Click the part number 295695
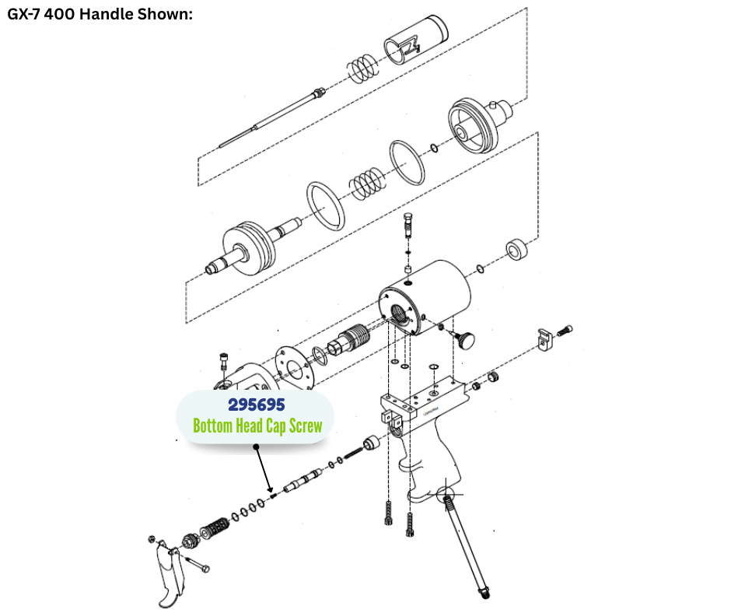click(257, 405)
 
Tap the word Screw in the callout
click(306, 426)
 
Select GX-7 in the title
click(23, 14)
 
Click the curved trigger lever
click(169, 574)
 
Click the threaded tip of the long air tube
click(484, 593)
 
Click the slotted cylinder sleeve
click(415, 39)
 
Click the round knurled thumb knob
click(465, 339)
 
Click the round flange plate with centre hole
click(294, 369)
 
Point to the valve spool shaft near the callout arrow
click(302, 481)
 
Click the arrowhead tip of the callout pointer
click(270, 491)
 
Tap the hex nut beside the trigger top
click(151, 539)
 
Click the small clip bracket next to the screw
click(544, 339)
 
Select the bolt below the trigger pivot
click(198, 563)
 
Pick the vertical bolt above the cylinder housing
click(408, 226)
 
